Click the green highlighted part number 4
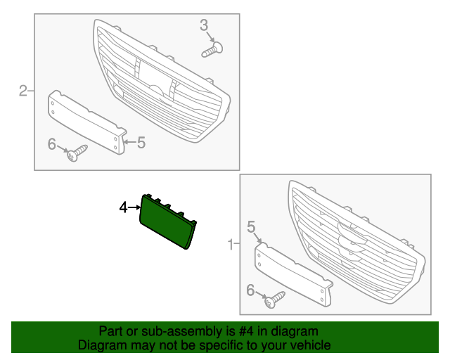167,221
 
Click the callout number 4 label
123,207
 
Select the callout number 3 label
204,25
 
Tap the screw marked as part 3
212,49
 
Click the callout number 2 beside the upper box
23,91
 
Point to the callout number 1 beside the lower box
231,245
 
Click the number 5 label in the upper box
141,143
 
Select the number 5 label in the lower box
251,227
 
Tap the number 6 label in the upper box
51,144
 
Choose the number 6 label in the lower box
250,290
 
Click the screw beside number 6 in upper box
77,153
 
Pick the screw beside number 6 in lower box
275,300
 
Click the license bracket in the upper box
87,122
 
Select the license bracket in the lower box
294,274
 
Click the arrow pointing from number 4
134,207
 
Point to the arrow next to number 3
210,37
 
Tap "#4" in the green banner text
246,332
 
